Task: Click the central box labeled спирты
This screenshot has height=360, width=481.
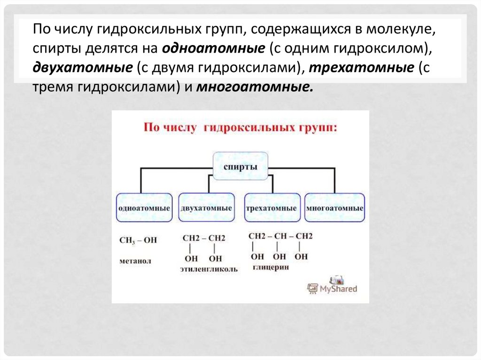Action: point(240,168)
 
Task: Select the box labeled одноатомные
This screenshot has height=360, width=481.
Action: point(144,207)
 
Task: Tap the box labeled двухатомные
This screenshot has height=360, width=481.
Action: point(206,207)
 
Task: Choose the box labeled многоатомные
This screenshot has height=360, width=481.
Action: point(334,207)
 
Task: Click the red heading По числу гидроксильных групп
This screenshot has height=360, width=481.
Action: point(240,128)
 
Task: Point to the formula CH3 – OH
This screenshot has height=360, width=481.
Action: point(138,240)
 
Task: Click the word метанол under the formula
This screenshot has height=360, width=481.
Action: point(136,260)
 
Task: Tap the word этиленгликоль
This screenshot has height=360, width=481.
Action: point(209,269)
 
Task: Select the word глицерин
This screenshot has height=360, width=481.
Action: point(270,267)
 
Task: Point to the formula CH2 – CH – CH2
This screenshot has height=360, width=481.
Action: point(280,236)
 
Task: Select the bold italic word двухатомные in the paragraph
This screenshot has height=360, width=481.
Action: point(82,68)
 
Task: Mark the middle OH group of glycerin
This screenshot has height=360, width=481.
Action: point(279,256)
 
